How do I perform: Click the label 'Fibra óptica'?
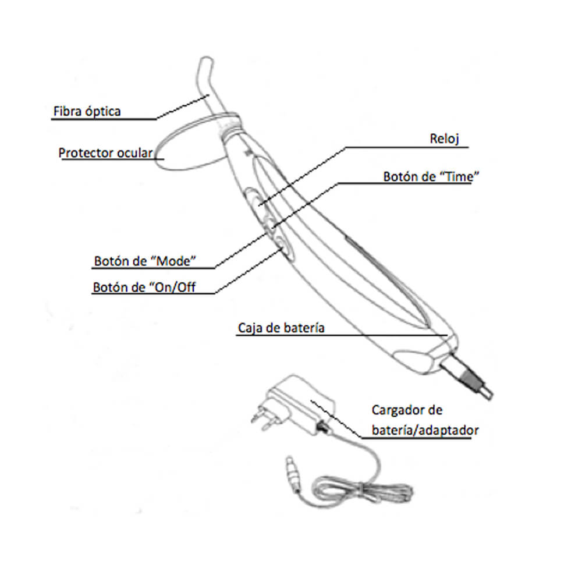(87, 111)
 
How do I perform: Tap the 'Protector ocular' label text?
(105, 153)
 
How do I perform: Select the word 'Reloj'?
(444, 139)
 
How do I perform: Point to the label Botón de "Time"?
(431, 177)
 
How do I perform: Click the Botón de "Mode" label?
(145, 261)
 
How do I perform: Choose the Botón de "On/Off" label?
(144, 288)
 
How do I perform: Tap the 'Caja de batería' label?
(281, 328)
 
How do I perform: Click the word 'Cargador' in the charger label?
(396, 410)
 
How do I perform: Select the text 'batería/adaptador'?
(425, 430)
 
